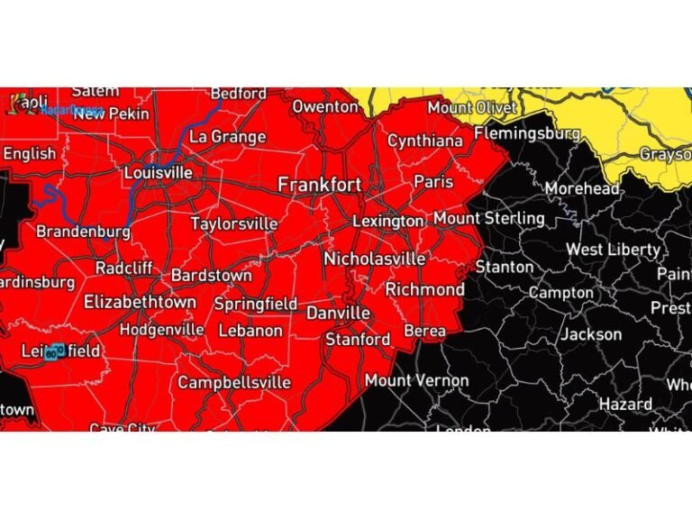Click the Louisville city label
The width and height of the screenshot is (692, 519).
click(158, 172)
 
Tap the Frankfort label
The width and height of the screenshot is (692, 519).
click(319, 185)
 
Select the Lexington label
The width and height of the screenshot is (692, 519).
click(387, 221)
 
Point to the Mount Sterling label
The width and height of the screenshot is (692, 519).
click(488, 219)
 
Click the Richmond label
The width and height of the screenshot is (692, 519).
click(424, 289)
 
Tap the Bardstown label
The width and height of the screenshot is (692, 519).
click(211, 275)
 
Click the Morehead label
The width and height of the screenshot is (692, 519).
click(582, 189)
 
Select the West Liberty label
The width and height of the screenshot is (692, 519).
click(613, 250)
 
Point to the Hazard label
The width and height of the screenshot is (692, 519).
click(625, 405)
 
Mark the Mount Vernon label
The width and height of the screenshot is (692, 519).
click(416, 380)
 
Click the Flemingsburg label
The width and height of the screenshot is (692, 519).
click(526, 133)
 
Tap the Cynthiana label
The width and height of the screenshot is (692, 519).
click(424, 141)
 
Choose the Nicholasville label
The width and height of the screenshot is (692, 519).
click(374, 259)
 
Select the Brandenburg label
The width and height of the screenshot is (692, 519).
click(83, 232)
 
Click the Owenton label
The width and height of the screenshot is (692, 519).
click(324, 106)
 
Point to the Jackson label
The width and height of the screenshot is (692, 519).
click(591, 334)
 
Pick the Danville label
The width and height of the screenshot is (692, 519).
click(338, 313)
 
